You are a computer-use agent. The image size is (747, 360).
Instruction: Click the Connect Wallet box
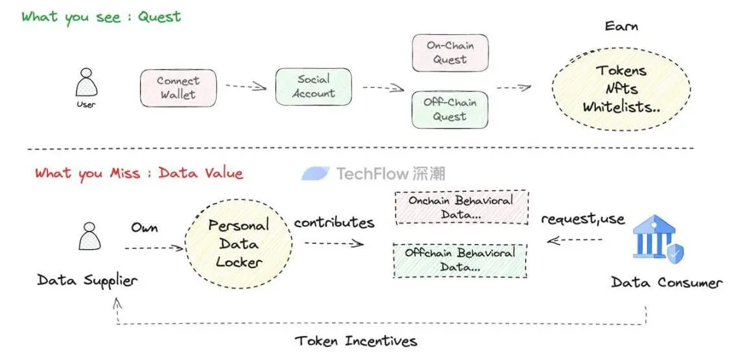tap(178, 88)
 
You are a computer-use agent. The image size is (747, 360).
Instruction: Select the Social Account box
tap(313, 87)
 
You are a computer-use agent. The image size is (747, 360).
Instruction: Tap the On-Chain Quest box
tap(450, 53)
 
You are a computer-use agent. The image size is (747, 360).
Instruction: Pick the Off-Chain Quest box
tap(450, 110)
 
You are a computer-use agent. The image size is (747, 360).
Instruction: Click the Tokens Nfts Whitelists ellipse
tap(621, 89)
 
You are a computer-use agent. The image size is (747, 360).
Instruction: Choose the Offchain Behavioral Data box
tap(460, 260)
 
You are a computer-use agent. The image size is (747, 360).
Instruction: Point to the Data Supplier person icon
tap(89, 237)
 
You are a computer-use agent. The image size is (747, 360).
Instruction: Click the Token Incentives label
tap(356, 341)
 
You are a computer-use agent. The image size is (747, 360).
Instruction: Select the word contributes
tap(334, 222)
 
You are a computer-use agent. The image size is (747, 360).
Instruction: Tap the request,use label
tap(583, 219)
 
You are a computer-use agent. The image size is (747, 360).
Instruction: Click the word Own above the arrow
tap(145, 228)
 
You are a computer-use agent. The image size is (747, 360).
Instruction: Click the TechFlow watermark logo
tap(373, 173)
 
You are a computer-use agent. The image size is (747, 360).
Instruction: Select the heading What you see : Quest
tap(101, 17)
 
